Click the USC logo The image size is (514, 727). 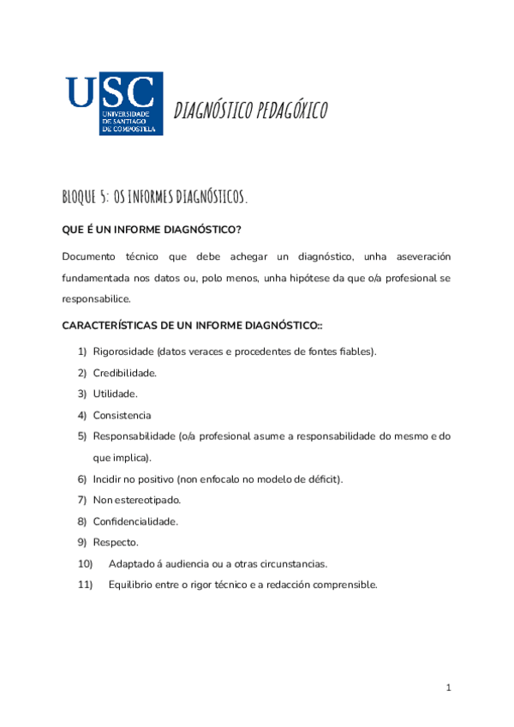coord(114,104)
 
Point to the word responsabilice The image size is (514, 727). coord(96,299)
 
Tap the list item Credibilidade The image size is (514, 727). coord(124,373)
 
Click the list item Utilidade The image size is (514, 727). coord(115,394)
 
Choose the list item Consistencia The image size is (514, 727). coord(122,415)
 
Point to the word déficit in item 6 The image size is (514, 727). coord(323,478)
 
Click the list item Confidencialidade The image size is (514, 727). coord(135,521)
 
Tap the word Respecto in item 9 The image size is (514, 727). coord(115,543)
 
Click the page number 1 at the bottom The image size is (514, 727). coord(448,688)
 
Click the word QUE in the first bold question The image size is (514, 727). coord(72,231)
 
